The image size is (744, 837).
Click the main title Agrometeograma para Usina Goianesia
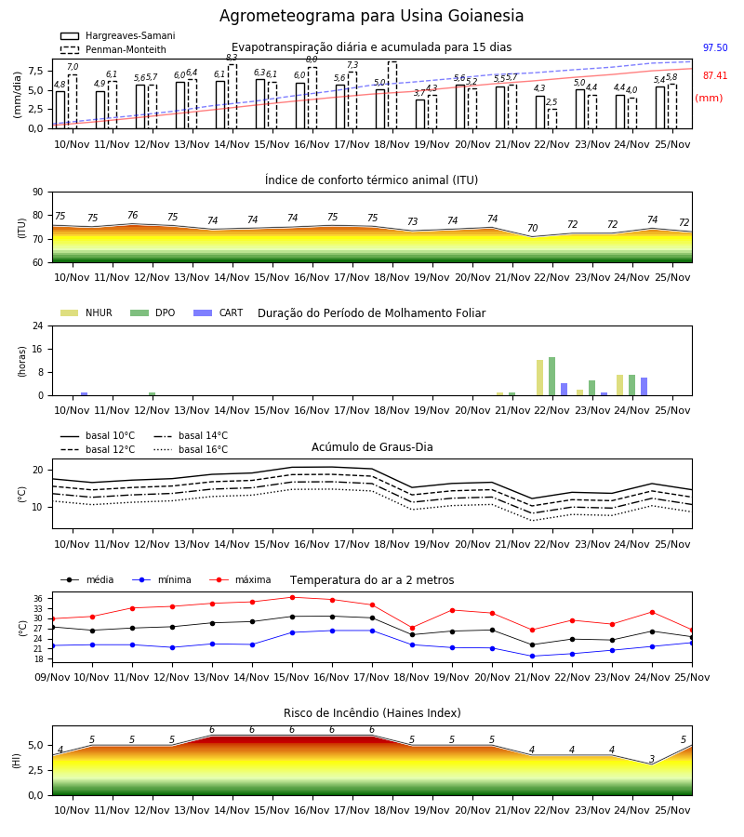pos(371,16)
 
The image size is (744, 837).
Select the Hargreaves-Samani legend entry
pos(117,35)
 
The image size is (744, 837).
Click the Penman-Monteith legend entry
pos(113,49)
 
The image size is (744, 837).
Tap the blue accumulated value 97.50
pos(715,47)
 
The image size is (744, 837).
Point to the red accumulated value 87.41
pos(715,76)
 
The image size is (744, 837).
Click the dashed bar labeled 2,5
pos(551,118)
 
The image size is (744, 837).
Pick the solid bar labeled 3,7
pos(420,114)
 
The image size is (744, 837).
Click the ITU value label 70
pos(532,228)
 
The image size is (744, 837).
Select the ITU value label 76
pos(132,215)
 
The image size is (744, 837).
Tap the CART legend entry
pos(218,312)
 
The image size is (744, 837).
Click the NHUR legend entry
pos(86,312)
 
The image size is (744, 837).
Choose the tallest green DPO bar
pos(551,377)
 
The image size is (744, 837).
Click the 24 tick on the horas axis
pos(38,325)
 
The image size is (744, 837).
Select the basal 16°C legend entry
pos(191,449)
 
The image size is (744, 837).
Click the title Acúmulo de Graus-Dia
pos(372,446)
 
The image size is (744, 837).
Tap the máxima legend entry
pos(240,579)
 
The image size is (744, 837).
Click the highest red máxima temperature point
pos(292,597)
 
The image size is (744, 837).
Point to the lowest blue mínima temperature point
pos(532,656)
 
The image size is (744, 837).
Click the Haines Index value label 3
pos(652,759)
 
